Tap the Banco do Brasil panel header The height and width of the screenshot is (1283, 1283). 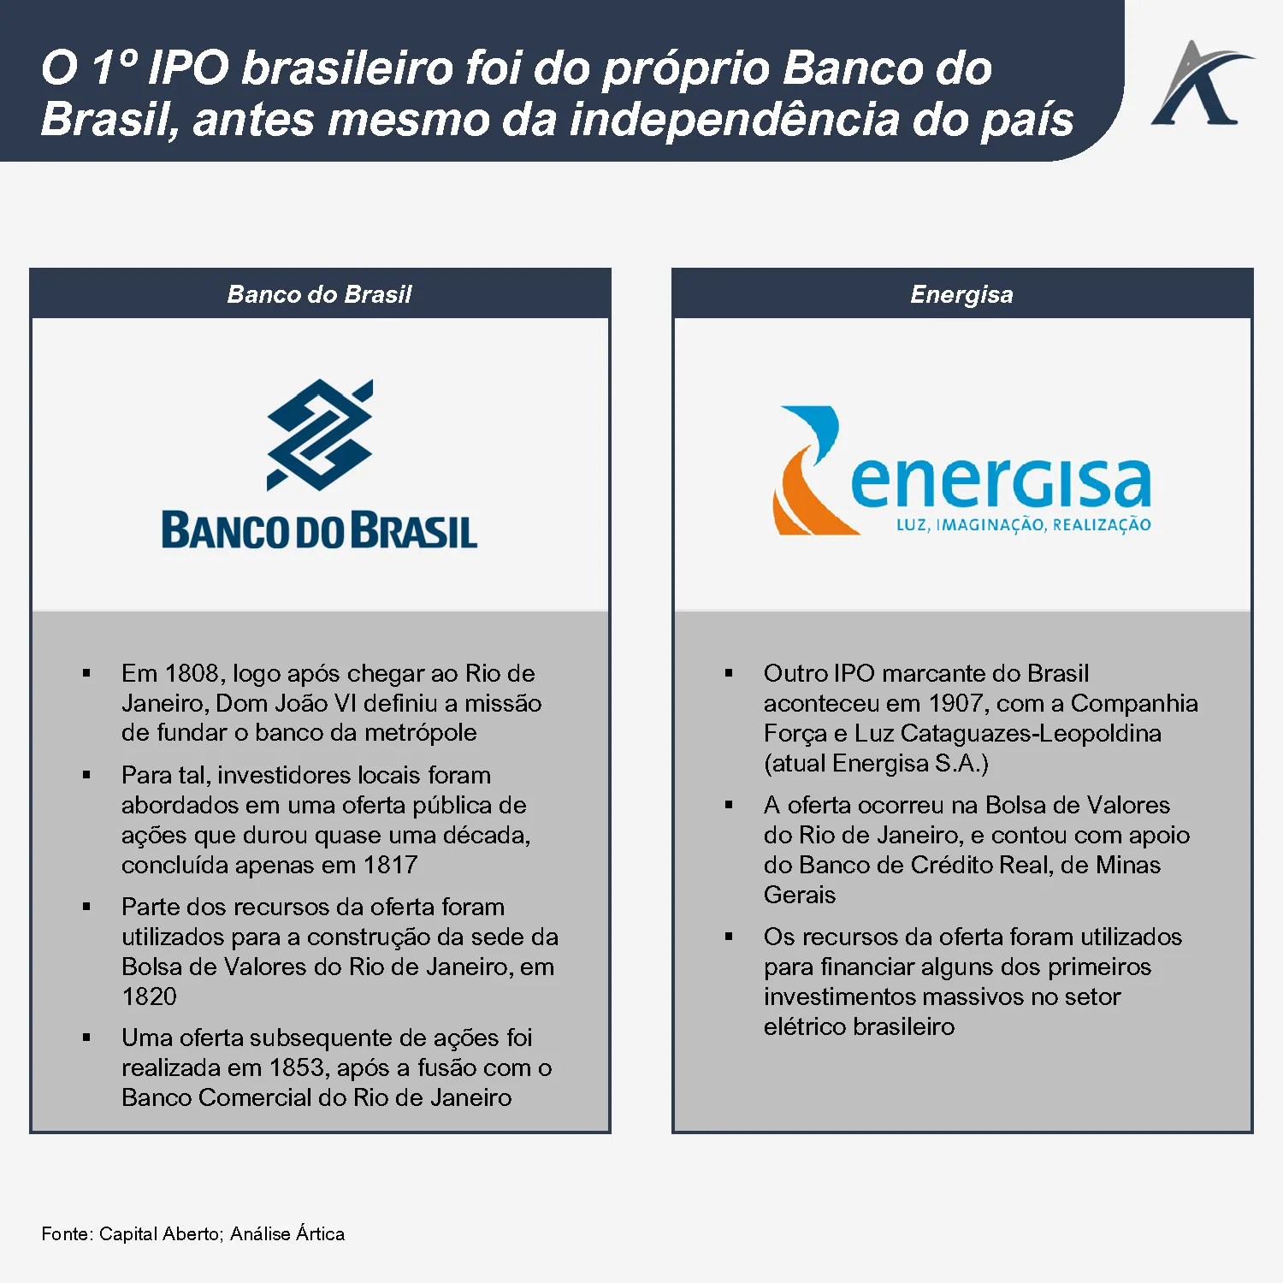[x=319, y=294]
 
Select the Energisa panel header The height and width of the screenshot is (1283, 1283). [x=962, y=294]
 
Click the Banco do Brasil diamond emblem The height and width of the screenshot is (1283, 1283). [x=320, y=435]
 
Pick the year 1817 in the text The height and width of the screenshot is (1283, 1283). [x=390, y=865]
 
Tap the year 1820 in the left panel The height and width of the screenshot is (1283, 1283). [x=149, y=996]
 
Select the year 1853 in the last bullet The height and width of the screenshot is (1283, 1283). [x=297, y=1067]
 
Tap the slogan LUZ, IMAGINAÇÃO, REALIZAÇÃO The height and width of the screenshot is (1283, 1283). [x=1023, y=525]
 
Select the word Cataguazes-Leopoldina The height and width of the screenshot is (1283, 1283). [x=1031, y=733]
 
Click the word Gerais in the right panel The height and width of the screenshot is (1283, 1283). [x=800, y=895]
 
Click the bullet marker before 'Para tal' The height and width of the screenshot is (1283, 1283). [x=86, y=775]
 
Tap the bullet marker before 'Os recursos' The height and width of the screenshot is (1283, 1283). [x=729, y=937]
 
